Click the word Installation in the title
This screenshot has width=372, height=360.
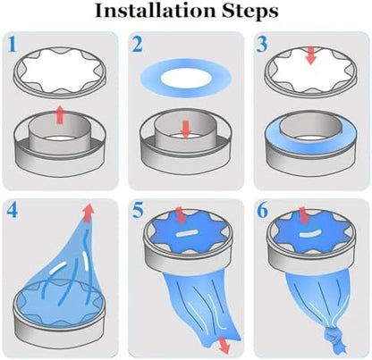point(155,11)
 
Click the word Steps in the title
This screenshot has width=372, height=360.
point(249,12)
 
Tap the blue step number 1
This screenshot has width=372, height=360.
point(12,44)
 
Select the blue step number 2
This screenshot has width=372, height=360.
point(138,44)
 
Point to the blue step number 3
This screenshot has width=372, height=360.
point(263,44)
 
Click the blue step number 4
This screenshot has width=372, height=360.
point(12,211)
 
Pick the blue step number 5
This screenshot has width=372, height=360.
point(138,211)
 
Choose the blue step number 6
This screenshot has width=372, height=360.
point(263,211)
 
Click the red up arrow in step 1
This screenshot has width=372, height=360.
point(60,114)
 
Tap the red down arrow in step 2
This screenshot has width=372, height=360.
point(186,130)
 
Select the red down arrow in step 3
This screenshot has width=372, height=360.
point(311,55)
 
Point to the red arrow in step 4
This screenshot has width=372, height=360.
point(88,213)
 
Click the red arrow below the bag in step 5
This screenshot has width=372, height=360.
point(224,345)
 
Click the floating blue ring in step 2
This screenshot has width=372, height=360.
point(186,78)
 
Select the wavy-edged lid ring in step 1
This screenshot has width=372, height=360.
point(60,71)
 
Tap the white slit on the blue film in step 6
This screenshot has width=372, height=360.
point(309,233)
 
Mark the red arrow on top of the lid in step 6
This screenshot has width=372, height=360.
point(303,215)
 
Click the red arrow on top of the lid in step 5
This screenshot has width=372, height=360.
point(181,215)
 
